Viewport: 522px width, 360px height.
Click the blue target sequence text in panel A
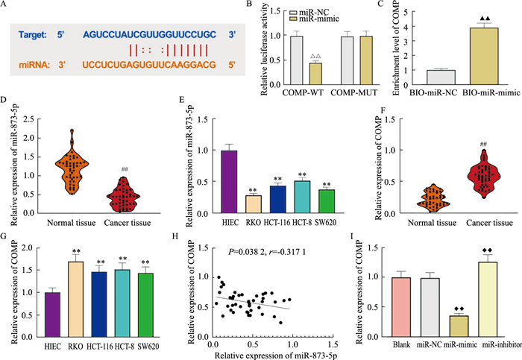pos(148,34)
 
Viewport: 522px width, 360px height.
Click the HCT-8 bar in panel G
pos(131,300)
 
